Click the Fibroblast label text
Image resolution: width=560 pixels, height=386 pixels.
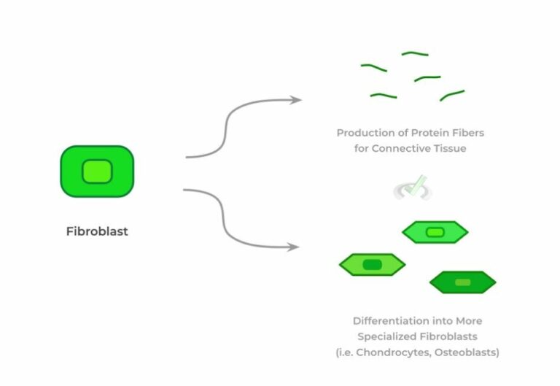coord(97,231)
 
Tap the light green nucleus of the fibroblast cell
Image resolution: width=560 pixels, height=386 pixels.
coord(97,171)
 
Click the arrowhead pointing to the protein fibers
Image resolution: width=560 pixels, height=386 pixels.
coord(295,100)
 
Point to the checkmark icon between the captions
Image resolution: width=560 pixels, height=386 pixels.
coord(413,188)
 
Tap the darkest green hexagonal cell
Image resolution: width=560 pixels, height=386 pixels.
coord(462,282)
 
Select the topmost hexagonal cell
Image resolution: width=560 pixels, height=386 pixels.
coord(435,232)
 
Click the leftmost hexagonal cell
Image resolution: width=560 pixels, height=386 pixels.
coord(372,264)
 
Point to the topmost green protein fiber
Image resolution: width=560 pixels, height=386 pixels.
coord(415,53)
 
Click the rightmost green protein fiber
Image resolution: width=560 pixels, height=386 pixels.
coord(452,95)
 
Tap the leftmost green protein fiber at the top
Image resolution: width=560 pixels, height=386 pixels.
coord(373,68)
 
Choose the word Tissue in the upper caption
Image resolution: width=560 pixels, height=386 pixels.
coord(449,149)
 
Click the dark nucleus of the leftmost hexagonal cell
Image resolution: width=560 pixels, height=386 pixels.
coord(372,264)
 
